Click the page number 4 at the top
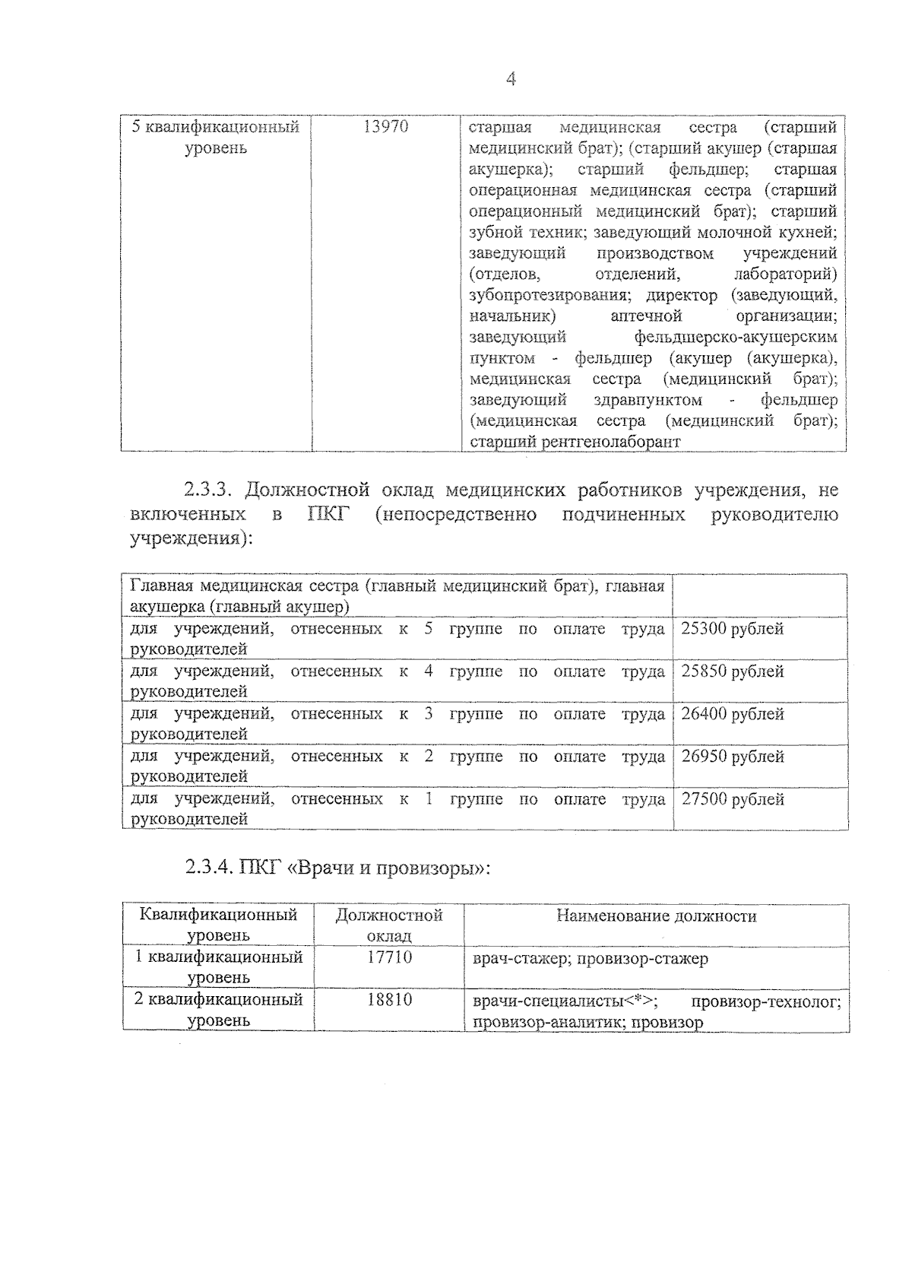511,79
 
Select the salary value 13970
386,127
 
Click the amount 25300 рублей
732,629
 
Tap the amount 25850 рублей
732,671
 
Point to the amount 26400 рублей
732,714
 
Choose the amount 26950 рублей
732,757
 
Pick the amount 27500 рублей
732,799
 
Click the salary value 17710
389,957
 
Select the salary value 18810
389,1000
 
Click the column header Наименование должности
657,916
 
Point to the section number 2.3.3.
211,490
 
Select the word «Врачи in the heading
320,868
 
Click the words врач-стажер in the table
521,959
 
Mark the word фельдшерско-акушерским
735,337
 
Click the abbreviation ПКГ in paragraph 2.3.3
328,515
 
